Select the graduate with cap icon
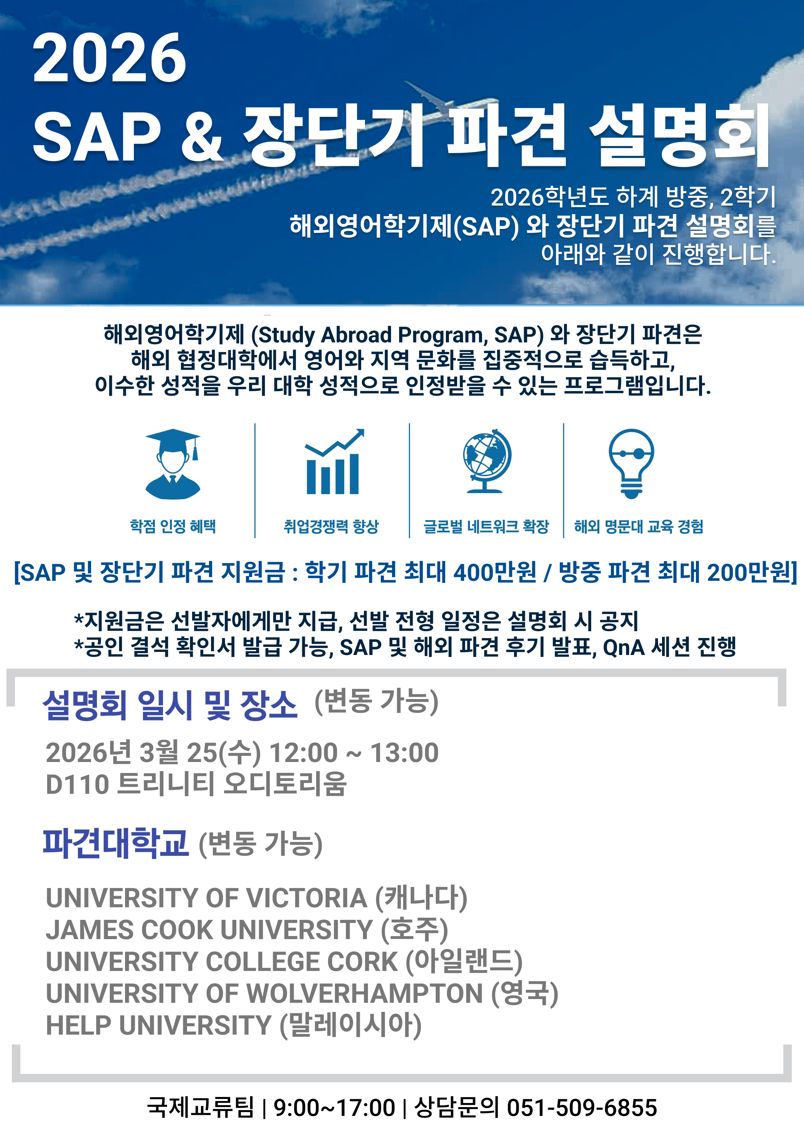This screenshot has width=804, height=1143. (x=173, y=464)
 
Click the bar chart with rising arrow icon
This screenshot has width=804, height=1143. (x=334, y=462)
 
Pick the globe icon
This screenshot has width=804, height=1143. (x=486, y=461)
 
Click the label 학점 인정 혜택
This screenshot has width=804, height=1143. (x=173, y=526)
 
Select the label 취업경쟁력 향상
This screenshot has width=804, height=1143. (x=331, y=526)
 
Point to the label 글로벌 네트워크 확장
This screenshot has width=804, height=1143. (x=486, y=526)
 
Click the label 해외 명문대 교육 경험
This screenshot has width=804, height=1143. (x=639, y=526)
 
